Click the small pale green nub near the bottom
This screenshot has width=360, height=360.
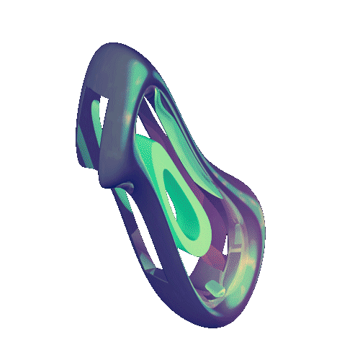pos(215,289)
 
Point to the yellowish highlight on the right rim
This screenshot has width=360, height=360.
pos(248,256)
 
